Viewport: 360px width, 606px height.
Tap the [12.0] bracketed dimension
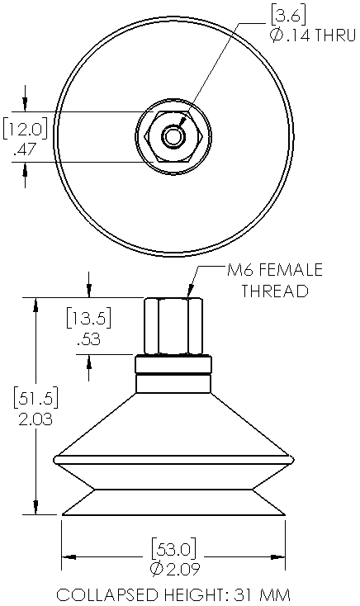[x=24, y=130]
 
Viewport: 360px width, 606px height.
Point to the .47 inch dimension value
[x=26, y=150]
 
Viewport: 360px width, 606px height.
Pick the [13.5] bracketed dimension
[x=88, y=318]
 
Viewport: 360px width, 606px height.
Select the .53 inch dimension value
[x=88, y=339]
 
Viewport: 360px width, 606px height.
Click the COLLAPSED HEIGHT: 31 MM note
[x=173, y=594]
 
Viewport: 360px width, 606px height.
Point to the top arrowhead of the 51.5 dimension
[x=35, y=303]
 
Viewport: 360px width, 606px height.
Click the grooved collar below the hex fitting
[x=173, y=373]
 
